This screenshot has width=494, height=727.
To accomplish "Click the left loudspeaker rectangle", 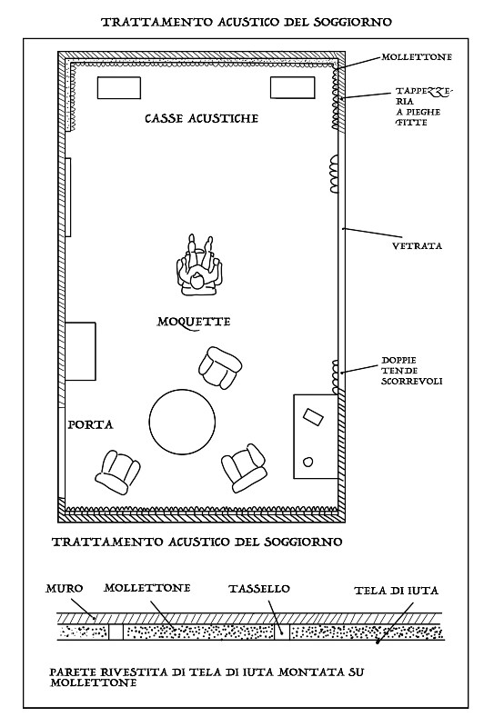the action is coord(119,88).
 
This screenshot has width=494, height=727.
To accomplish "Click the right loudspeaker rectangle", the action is coord(293,88).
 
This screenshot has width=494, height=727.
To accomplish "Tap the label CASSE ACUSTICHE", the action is coord(201,119).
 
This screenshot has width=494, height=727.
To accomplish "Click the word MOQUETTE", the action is coord(194,322).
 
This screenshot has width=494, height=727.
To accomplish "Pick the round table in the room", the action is coord(182,422).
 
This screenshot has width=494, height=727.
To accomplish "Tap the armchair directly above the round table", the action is coord(220,368).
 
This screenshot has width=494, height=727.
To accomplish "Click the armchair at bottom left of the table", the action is coord(118,472).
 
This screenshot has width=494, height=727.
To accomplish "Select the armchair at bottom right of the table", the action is coord(244,467).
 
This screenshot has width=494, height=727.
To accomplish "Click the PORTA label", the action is coord(91,424).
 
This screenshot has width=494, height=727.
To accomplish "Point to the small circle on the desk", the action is coord(307,462).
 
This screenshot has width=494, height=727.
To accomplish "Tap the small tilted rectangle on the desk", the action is coord(313,416).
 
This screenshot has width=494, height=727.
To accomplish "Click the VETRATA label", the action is coord(418,245).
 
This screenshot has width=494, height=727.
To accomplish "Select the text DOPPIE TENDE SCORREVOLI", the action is coord(411,371).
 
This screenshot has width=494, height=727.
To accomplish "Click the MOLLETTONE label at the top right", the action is coord(417,57).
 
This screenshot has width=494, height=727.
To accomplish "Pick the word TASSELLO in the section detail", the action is coord(259,589).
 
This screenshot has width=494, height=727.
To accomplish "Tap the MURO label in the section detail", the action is coord(64,589).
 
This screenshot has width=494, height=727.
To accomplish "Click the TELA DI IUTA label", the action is coord(397,591).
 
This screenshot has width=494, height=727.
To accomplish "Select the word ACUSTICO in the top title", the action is coord(248,22).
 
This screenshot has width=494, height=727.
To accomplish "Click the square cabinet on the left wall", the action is coord(80,352).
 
